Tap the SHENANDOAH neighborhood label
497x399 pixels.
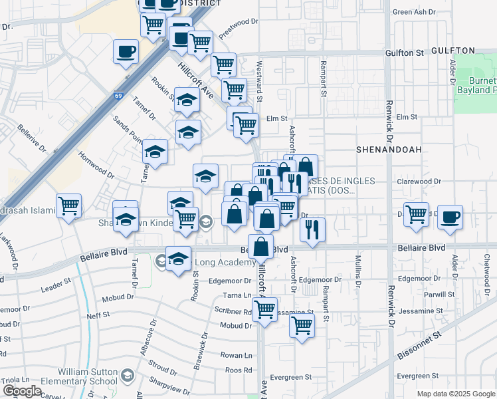click(389, 150)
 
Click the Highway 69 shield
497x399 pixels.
click(118, 96)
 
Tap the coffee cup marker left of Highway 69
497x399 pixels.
click(126, 51)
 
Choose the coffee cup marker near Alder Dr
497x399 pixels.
click(450, 217)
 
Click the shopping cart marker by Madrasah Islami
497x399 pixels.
click(68, 205)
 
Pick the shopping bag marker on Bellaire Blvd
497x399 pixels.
click(262, 245)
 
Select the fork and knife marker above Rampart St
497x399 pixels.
click(312, 229)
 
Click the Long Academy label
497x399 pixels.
click(223, 262)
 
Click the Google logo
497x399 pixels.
click(22, 391)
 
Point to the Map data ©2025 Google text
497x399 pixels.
click(454, 394)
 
